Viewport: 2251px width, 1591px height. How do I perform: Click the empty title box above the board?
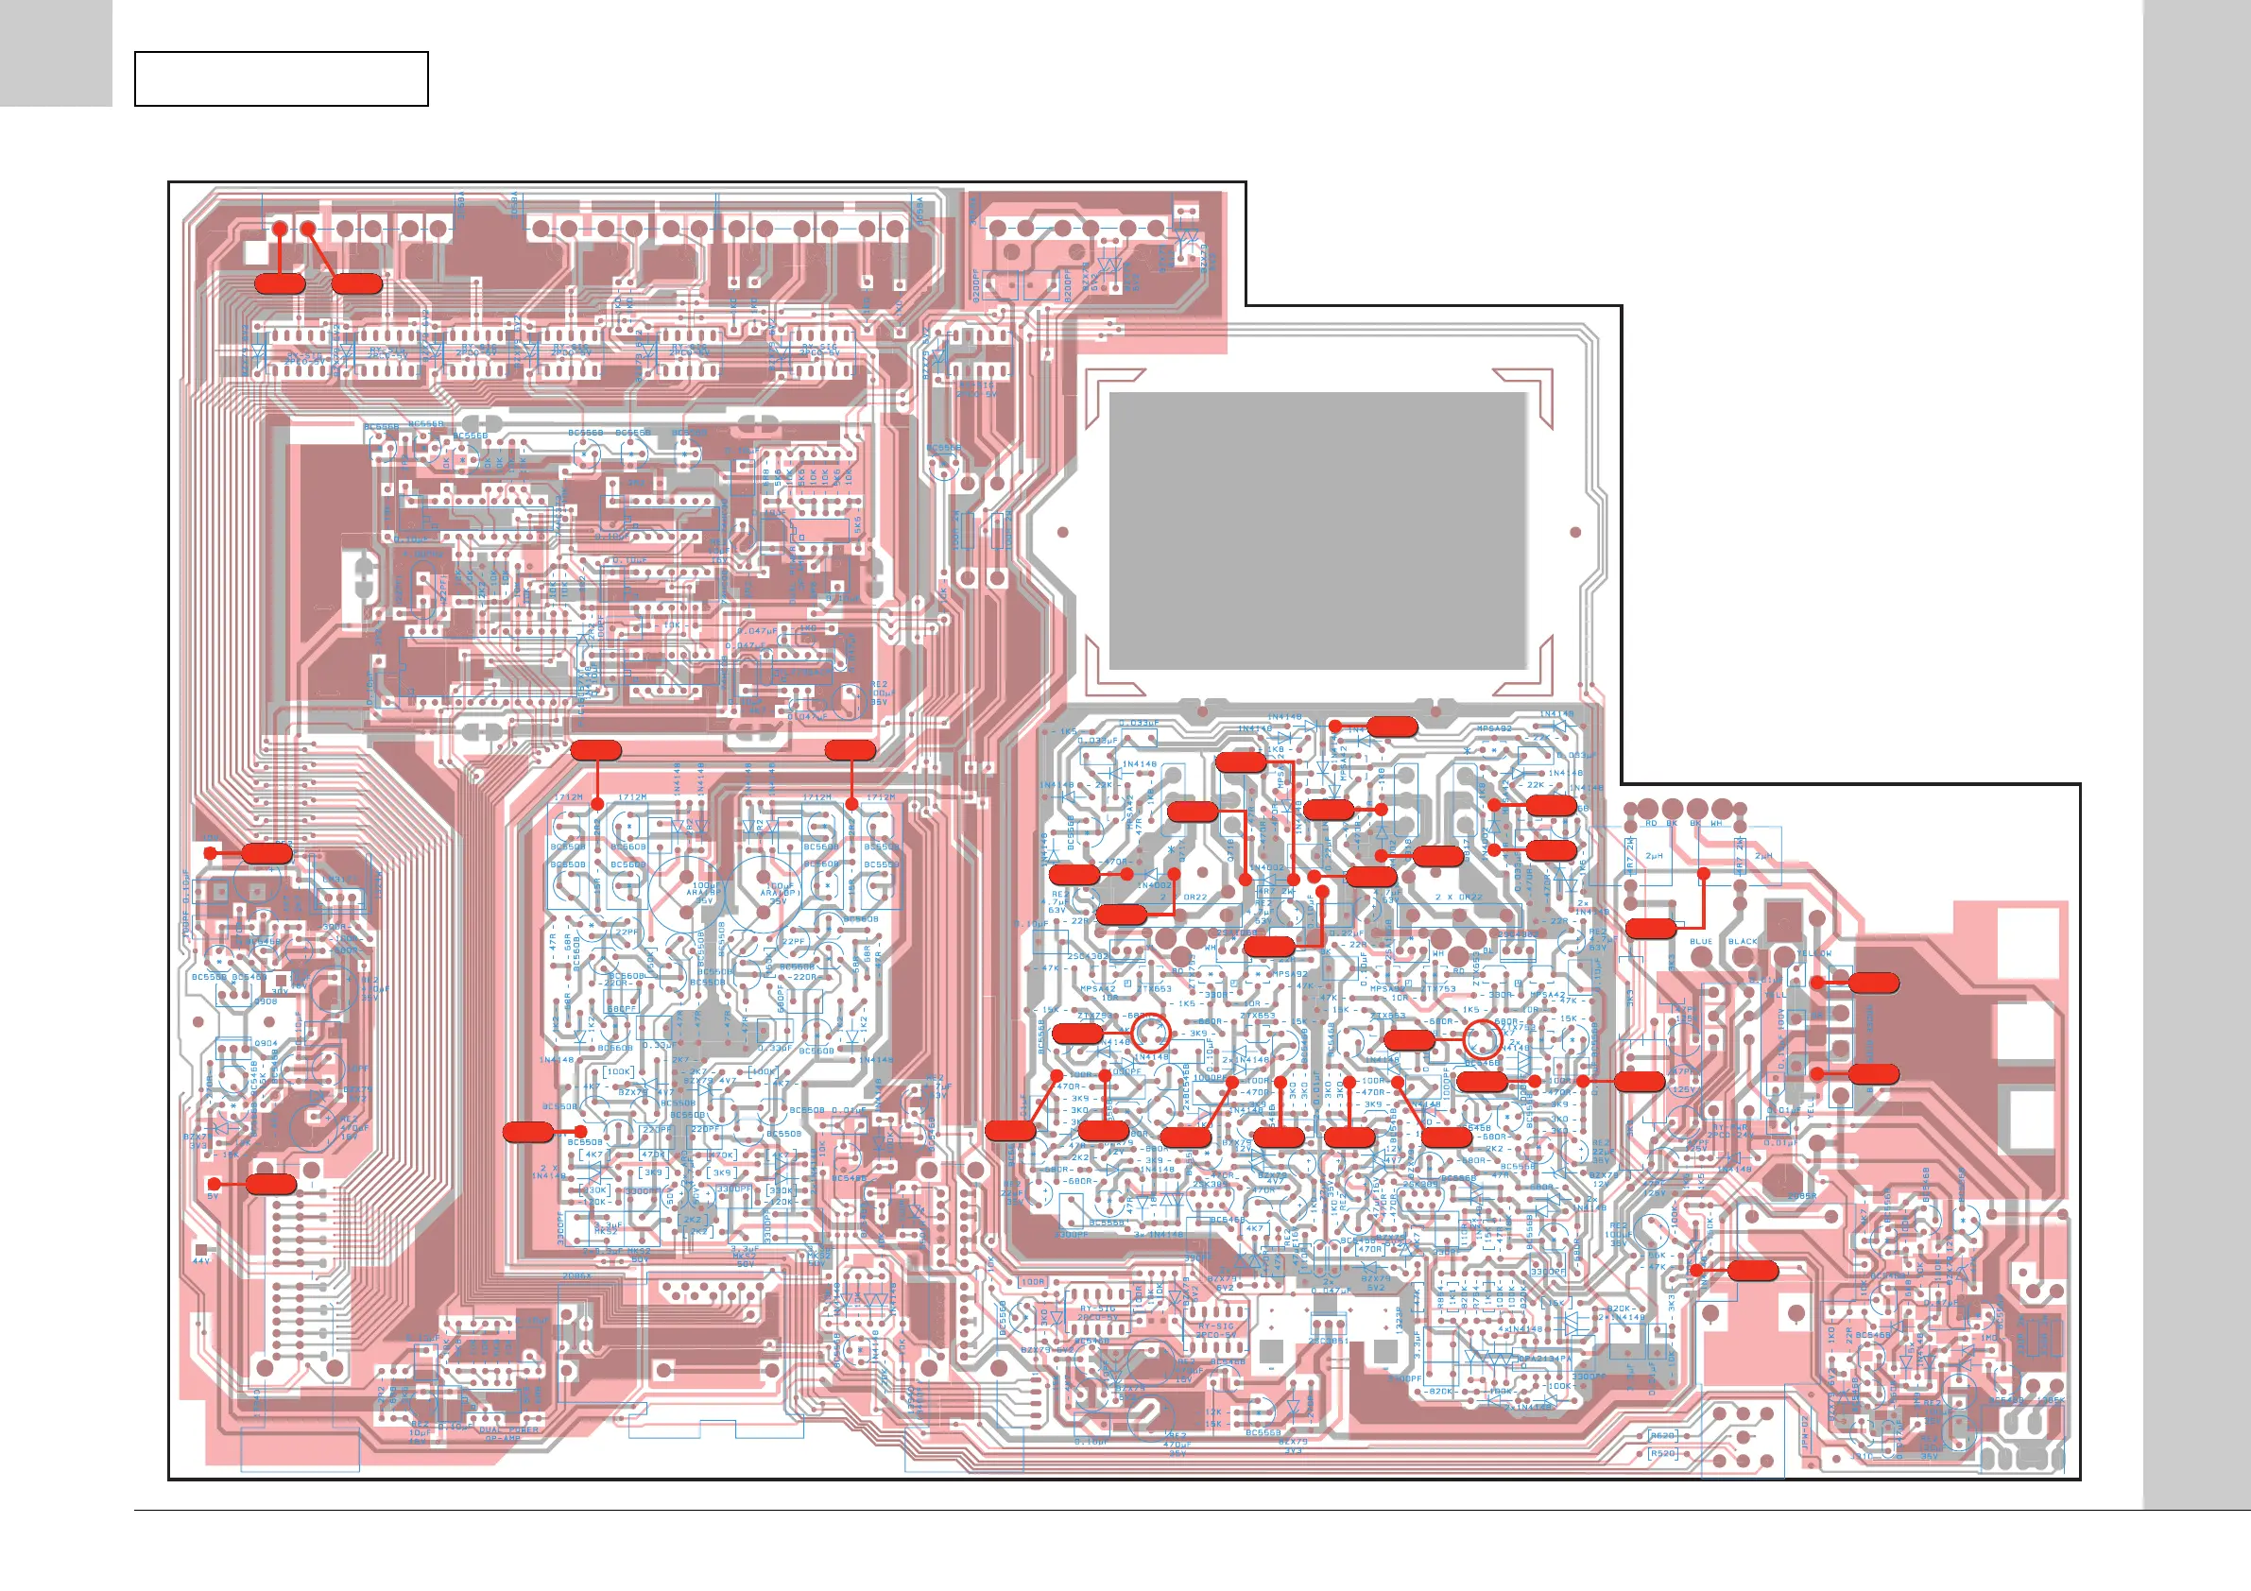point(282,78)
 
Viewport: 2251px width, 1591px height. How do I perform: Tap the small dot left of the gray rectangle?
point(1063,532)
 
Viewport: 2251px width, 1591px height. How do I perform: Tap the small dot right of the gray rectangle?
point(1575,532)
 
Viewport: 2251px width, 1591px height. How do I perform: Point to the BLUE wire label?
point(1701,941)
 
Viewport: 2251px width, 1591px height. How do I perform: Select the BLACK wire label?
point(1744,941)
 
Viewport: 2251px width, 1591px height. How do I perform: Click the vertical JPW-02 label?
point(1805,1433)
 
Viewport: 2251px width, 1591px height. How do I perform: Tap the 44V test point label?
point(201,1260)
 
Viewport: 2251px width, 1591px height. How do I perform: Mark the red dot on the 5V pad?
point(214,1184)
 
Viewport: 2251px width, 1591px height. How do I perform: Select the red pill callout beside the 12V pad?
point(266,853)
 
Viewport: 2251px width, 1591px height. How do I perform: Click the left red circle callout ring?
point(1151,1034)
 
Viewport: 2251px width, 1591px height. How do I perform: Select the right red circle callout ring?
point(1483,1039)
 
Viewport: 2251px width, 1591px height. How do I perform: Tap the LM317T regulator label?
point(340,880)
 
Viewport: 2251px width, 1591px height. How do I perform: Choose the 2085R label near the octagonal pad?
point(1802,1196)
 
